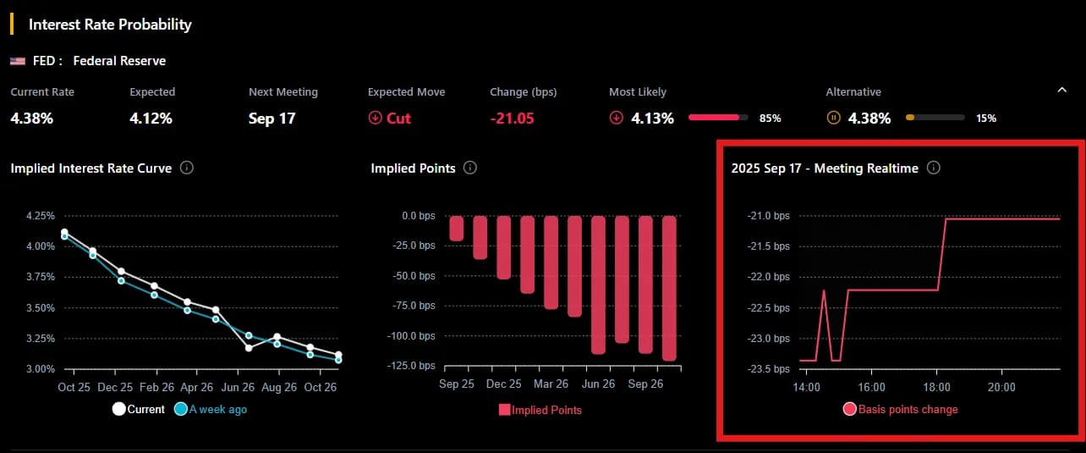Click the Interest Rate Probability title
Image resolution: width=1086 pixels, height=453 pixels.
point(110,25)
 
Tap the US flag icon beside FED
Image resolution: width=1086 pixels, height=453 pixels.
point(17,61)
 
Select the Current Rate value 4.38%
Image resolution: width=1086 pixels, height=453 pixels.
point(32,119)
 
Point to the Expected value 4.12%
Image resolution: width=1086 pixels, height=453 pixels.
point(151,119)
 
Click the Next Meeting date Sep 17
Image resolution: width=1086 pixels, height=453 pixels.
point(271,119)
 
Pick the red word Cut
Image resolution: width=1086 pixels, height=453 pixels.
point(398,119)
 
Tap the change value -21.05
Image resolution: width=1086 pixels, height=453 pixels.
point(512,119)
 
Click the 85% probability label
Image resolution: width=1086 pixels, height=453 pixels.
point(770,119)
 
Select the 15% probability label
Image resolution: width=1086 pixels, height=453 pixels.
point(986,119)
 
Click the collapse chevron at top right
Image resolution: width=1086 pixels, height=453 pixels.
point(1062,90)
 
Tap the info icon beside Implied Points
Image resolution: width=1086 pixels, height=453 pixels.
point(470,168)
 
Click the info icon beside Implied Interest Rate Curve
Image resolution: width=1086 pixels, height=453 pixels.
point(187,168)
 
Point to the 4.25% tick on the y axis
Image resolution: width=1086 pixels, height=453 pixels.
point(41,216)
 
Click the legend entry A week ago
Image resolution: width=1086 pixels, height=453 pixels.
point(217,410)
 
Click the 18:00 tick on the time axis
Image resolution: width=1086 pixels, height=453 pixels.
point(936,387)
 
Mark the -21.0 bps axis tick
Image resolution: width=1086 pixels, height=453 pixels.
point(769,216)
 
